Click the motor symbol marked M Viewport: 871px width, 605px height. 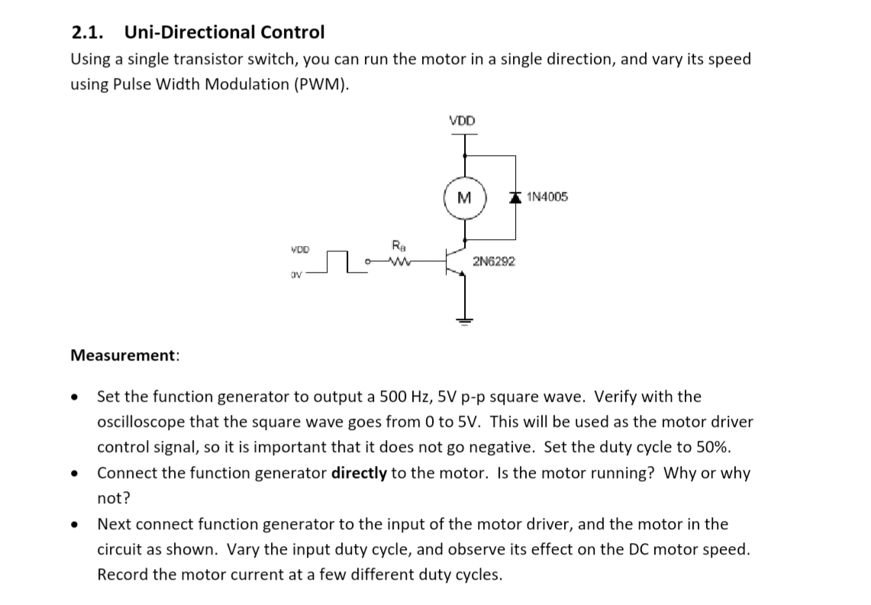pyautogui.click(x=462, y=199)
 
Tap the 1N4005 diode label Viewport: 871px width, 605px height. pyautogui.click(x=547, y=198)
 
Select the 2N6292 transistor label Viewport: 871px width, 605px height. pyautogui.click(x=494, y=261)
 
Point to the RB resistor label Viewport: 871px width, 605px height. pyautogui.click(x=398, y=246)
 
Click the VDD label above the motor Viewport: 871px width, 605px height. pyautogui.click(x=462, y=121)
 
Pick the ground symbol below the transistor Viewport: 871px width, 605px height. pyautogui.click(x=463, y=319)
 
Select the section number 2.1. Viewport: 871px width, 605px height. pyautogui.click(x=88, y=32)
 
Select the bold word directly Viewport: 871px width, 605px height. pyautogui.click(x=359, y=473)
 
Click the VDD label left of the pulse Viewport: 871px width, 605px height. pyautogui.click(x=301, y=249)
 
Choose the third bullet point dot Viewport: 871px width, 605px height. pyautogui.click(x=75, y=525)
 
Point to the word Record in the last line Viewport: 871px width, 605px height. pyautogui.click(x=122, y=574)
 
